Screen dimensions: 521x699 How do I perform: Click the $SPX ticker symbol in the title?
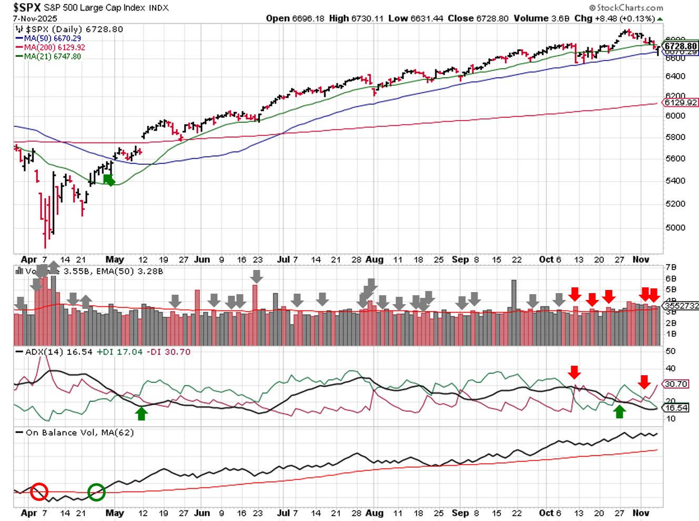pyautogui.click(x=27, y=7)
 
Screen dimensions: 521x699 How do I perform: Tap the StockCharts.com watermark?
pyautogui.click(x=626, y=7)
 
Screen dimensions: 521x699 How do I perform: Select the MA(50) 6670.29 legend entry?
pyautogui.click(x=52, y=38)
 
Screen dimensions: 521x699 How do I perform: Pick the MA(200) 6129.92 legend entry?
pyautogui.click(x=54, y=47)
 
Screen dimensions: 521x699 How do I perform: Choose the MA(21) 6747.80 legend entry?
pyautogui.click(x=52, y=56)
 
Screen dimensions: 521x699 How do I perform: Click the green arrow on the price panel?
pyautogui.click(x=109, y=180)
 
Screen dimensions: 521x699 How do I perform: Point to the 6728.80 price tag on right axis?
pyautogui.click(x=680, y=46)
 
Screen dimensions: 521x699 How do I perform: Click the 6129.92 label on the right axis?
pyautogui.click(x=681, y=103)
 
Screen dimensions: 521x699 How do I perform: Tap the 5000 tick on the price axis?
pyautogui.click(x=675, y=227)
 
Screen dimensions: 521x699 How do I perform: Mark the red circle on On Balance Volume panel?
pyautogui.click(x=39, y=492)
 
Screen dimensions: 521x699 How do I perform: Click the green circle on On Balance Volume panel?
pyautogui.click(x=96, y=492)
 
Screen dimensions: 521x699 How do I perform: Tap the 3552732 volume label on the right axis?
pyautogui.click(x=681, y=306)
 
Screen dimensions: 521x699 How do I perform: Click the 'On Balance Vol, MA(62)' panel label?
pyautogui.click(x=79, y=433)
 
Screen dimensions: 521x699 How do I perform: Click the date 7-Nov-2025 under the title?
pyautogui.click(x=35, y=18)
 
